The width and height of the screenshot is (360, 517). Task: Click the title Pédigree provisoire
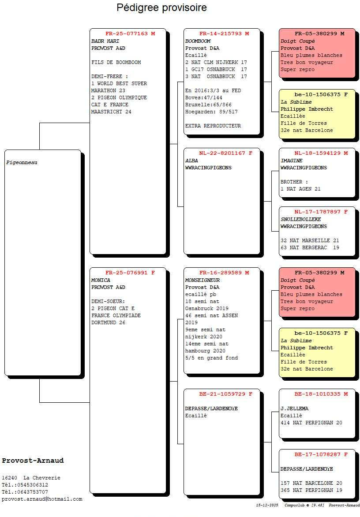point(161,7)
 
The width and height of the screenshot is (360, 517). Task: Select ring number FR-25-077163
point(127,34)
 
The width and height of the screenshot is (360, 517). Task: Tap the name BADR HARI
point(105,41)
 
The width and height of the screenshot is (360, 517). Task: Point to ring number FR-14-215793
point(221,34)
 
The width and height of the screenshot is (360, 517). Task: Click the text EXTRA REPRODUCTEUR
point(213,126)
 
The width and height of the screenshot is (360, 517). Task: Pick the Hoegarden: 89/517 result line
point(211,112)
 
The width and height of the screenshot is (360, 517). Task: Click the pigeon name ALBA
point(191,161)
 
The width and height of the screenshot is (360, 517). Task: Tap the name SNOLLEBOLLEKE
point(300,219)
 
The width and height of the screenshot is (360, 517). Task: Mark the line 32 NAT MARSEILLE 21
point(310,240)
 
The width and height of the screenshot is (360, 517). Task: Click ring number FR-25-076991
point(127,273)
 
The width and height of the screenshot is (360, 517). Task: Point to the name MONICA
point(101,280)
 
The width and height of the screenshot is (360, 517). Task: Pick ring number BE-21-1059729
point(222,394)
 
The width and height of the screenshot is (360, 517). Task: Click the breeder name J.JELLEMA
point(294,408)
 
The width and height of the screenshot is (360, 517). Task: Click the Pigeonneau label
point(22,162)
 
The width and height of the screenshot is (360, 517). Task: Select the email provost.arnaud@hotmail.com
point(42,499)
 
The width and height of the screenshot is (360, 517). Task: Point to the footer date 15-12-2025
point(267,505)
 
